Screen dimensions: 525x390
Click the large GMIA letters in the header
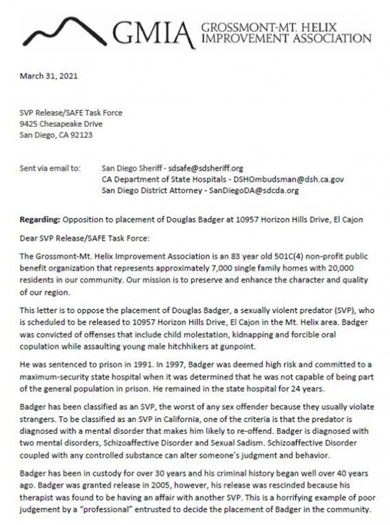pos(153,32)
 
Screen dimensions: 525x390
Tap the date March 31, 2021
pos(46,76)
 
